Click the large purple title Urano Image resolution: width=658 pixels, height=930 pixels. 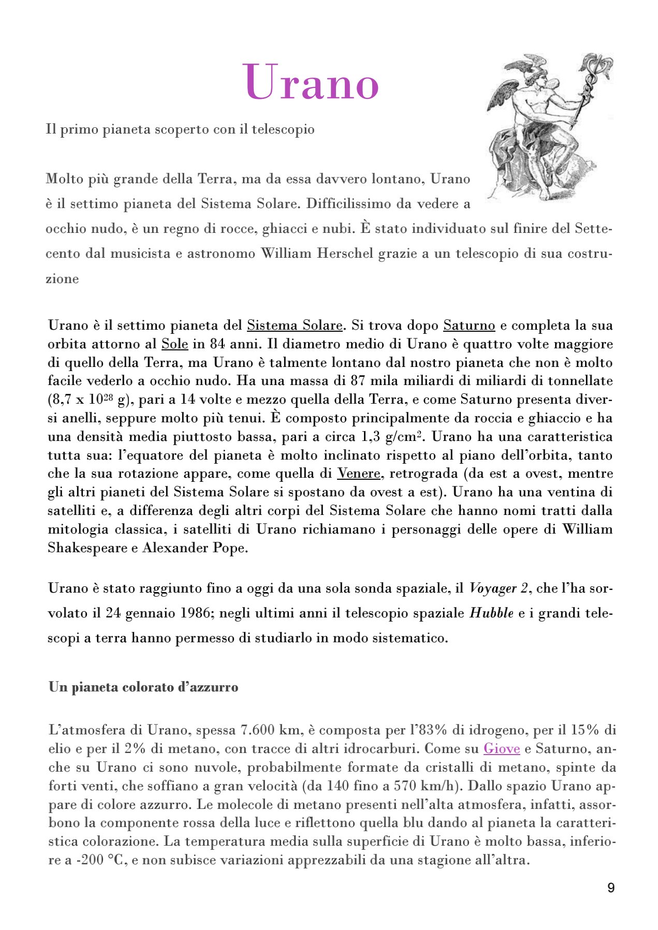pyautogui.click(x=311, y=83)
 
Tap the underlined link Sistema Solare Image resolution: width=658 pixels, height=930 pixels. pyautogui.click(x=295, y=326)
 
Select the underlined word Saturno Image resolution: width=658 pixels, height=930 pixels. pyautogui.click(x=469, y=326)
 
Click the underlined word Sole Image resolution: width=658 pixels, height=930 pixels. pyautogui.click(x=174, y=344)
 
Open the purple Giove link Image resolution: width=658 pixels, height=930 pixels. pyautogui.click(x=502, y=749)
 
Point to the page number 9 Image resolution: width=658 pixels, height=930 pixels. pyautogui.click(x=611, y=888)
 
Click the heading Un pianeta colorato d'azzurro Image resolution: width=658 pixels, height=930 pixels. pyautogui.click(x=143, y=687)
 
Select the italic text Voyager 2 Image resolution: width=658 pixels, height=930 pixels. pyautogui.click(x=499, y=588)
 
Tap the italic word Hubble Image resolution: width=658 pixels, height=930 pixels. pyautogui.click(x=491, y=613)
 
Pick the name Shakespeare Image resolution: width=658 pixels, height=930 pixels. pyautogui.click(x=87, y=548)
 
